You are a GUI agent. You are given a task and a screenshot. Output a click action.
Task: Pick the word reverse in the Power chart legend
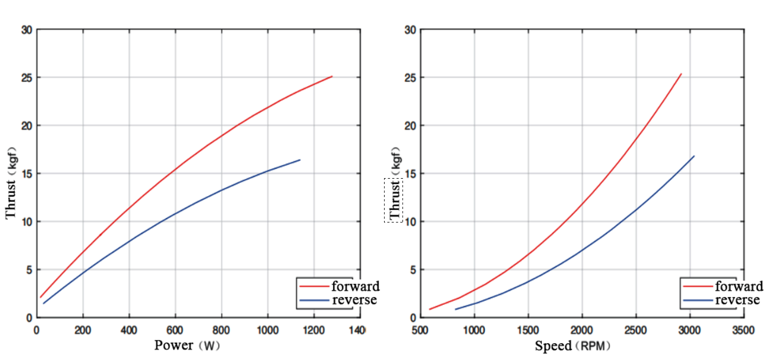click(x=354, y=299)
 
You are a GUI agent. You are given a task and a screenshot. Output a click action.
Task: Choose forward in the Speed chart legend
click(x=739, y=286)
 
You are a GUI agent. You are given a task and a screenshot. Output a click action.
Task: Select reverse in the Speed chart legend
click(x=737, y=299)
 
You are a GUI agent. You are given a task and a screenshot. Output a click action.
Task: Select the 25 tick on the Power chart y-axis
click(x=26, y=77)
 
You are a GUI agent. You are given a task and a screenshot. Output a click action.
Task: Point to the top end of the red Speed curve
click(x=681, y=74)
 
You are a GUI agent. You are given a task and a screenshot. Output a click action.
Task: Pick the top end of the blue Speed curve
click(x=694, y=156)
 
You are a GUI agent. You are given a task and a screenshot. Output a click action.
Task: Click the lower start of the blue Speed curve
click(x=456, y=309)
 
